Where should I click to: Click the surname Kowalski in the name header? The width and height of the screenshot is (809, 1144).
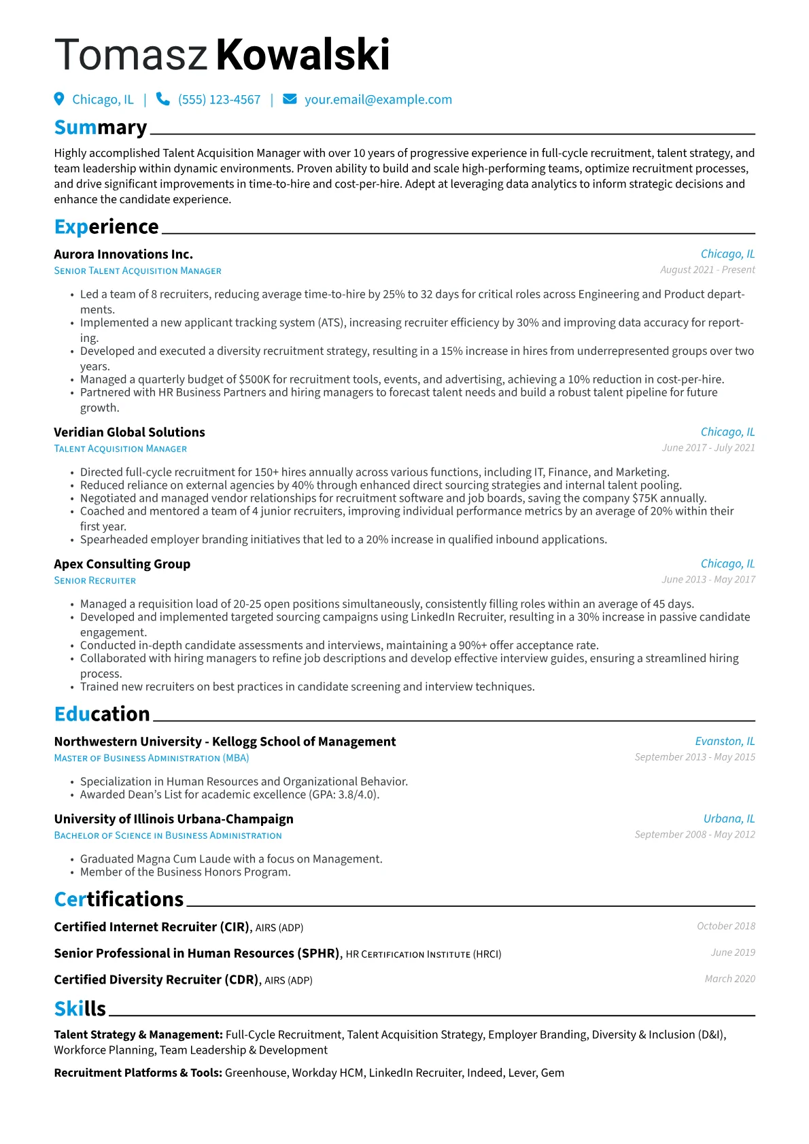pyautogui.click(x=303, y=55)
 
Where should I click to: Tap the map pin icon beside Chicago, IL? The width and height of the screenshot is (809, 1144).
pyautogui.click(x=59, y=99)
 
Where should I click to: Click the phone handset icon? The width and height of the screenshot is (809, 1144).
pyautogui.click(x=163, y=99)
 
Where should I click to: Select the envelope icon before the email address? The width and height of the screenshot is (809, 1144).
pyautogui.click(x=290, y=99)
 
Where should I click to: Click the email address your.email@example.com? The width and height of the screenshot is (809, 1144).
pyautogui.click(x=378, y=100)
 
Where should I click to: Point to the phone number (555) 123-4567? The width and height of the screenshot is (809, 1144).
pyautogui.click(x=219, y=100)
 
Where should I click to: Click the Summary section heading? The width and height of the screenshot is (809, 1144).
pyautogui.click(x=101, y=128)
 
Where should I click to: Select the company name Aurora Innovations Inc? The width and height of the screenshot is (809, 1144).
pyautogui.click(x=123, y=254)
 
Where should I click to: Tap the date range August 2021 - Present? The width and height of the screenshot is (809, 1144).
pyautogui.click(x=707, y=270)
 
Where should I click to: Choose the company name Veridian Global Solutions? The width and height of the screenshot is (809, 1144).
pyautogui.click(x=129, y=432)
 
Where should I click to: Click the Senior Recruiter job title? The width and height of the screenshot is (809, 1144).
pyautogui.click(x=95, y=580)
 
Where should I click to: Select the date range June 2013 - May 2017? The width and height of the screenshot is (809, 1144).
pyautogui.click(x=708, y=579)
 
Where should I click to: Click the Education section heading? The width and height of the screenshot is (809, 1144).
pyautogui.click(x=102, y=714)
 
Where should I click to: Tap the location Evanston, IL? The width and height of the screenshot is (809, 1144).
pyautogui.click(x=725, y=741)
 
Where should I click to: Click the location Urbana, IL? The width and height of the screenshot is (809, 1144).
pyautogui.click(x=729, y=818)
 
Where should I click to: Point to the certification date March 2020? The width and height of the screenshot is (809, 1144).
pyautogui.click(x=729, y=979)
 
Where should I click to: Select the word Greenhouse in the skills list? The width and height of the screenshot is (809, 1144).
pyautogui.click(x=256, y=1073)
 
